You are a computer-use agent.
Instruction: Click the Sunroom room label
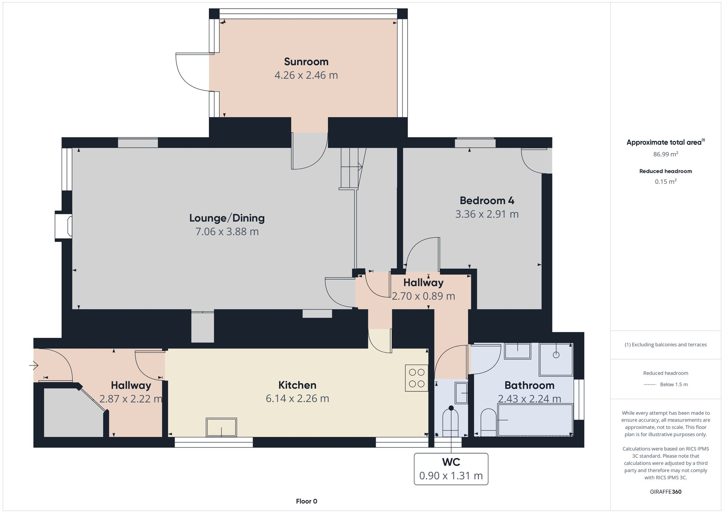[x=306, y=62]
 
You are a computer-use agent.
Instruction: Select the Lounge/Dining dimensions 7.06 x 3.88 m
[x=227, y=231]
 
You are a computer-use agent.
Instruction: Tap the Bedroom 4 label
[x=487, y=200]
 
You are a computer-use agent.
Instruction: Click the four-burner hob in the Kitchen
[x=416, y=378]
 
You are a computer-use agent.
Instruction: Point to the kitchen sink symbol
[x=221, y=427]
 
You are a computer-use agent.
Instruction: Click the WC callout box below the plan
[x=451, y=469]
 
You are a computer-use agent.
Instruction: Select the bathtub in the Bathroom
[x=535, y=420]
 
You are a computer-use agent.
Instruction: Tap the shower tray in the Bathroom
[x=556, y=359]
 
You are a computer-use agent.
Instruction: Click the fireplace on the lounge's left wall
[x=63, y=226]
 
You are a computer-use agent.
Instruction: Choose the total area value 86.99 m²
[x=665, y=154]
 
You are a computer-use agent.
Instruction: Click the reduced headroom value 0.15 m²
[x=665, y=182]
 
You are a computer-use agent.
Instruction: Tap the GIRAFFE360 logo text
[x=665, y=492]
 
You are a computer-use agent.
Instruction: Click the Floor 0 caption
[x=306, y=501]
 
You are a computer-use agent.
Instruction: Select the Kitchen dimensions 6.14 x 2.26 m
[x=297, y=398]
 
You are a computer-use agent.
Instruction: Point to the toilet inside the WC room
[x=450, y=422]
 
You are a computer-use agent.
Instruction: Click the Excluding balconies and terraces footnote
[x=665, y=344]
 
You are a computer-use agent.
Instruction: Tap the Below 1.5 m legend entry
[x=673, y=384]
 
